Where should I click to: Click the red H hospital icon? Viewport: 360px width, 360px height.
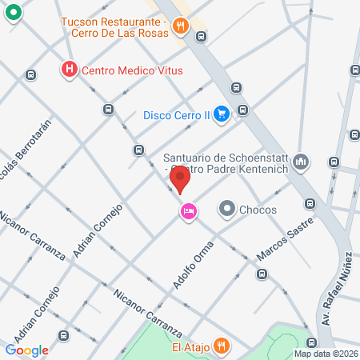(x=70, y=70)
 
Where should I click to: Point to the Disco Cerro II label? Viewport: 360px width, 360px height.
(x=176, y=114)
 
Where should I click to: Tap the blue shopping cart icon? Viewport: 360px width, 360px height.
(x=222, y=114)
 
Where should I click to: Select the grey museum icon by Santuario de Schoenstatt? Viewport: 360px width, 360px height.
(x=301, y=162)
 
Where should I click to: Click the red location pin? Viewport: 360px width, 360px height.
(x=182, y=179)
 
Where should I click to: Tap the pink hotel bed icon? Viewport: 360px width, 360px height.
(x=189, y=211)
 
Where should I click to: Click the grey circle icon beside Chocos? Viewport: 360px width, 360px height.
(x=227, y=210)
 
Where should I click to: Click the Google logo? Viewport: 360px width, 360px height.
(x=27, y=350)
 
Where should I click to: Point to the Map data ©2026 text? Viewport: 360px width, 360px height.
(x=325, y=354)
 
